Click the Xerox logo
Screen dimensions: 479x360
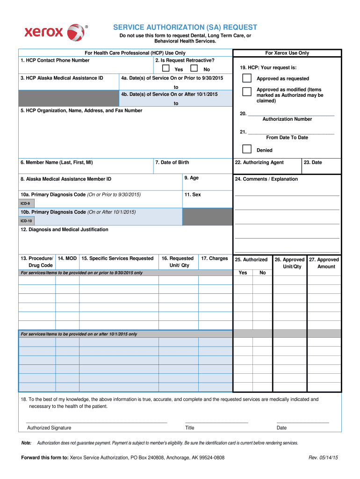coord(54,32)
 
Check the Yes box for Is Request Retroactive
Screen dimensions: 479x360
coord(166,68)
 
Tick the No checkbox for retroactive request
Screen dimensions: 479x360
coord(194,68)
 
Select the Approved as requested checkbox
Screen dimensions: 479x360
coord(246,78)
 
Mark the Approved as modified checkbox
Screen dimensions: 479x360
coord(246,91)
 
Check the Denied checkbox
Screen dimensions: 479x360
coord(246,149)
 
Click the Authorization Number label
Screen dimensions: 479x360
coord(287,119)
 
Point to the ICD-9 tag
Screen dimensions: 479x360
coord(25,204)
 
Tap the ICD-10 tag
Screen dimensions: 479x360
coord(26,220)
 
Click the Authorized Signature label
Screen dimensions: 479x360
coord(49,428)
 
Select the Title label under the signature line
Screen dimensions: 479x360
coord(190,428)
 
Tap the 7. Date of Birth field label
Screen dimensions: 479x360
coord(172,162)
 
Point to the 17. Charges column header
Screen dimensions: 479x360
coord(215,258)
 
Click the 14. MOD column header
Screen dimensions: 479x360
coord(67,258)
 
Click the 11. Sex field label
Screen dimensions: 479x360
coord(193,195)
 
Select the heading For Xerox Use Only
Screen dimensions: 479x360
coord(287,53)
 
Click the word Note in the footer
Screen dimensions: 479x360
coord(27,443)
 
